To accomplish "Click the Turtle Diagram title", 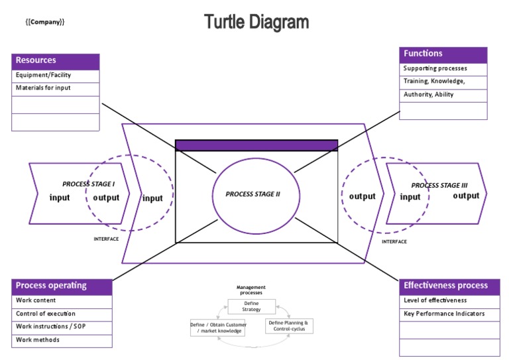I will tap(256, 22).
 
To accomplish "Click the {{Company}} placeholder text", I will tap(44, 22).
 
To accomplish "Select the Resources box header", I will tap(56, 61).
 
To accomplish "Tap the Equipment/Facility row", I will tap(56, 76).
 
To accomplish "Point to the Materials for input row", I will tap(56, 88).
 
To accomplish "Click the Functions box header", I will tap(443, 54).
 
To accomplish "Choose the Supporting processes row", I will tap(443, 68).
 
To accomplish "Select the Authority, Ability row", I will tap(443, 95).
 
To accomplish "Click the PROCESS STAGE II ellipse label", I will tap(253, 194).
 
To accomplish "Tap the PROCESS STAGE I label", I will tap(89, 184).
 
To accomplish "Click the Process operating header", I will tap(62, 286).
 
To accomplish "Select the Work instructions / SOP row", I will tap(62, 327).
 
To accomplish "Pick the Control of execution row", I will tap(62, 314).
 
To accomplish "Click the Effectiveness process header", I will tap(449, 286).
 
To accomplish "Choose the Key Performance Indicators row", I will tap(449, 314).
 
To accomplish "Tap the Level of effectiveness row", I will tap(449, 300).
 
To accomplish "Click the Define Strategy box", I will tap(251, 306).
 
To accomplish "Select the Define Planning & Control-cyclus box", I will tap(288, 326).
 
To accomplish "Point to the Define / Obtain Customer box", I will tap(218, 328).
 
